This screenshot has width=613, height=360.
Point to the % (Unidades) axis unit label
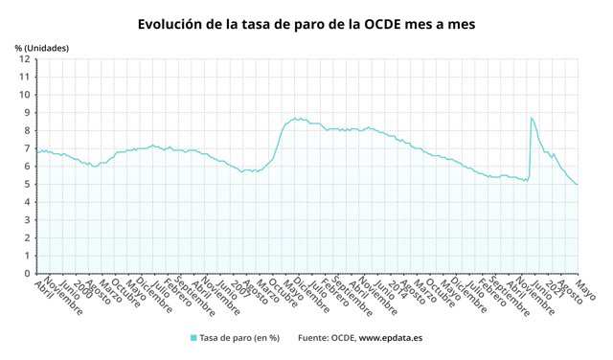click(42, 47)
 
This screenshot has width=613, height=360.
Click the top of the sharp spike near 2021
click(531, 118)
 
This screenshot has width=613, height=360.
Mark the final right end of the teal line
click(578, 185)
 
